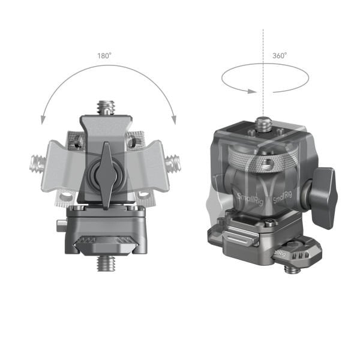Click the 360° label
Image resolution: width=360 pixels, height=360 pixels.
[x=280, y=55]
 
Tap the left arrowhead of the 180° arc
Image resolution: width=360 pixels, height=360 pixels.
[x=43, y=120]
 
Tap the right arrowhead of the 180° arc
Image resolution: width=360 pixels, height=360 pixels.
[x=173, y=120]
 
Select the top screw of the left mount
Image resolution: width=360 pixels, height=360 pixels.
[x=106, y=107]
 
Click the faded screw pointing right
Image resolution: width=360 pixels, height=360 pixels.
[x=173, y=161]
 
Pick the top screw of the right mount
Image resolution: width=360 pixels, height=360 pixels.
[x=262, y=124]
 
